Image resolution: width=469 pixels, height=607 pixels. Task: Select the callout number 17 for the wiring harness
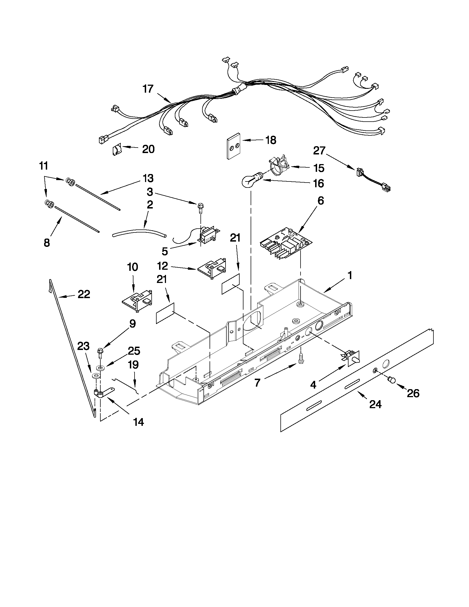tap(148, 89)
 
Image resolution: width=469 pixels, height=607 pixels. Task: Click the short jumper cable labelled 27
tap(373, 181)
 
